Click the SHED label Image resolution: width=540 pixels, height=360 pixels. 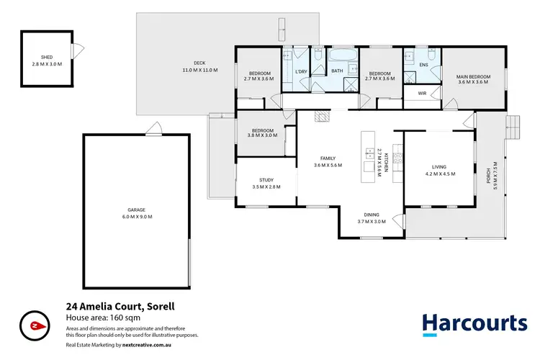pyautogui.click(x=47, y=56)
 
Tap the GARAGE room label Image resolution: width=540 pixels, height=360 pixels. pyautogui.click(x=137, y=210)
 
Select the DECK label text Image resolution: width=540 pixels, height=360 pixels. pyautogui.click(x=189, y=63)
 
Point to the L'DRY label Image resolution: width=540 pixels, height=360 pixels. pyautogui.click(x=302, y=70)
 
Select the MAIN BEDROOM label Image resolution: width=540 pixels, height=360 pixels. pyautogui.click(x=473, y=76)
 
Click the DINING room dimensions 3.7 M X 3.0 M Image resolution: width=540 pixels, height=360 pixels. pyautogui.click(x=371, y=221)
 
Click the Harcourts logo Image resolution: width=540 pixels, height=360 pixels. pyautogui.click(x=473, y=323)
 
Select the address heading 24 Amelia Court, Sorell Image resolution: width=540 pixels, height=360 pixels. pyautogui.click(x=120, y=305)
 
